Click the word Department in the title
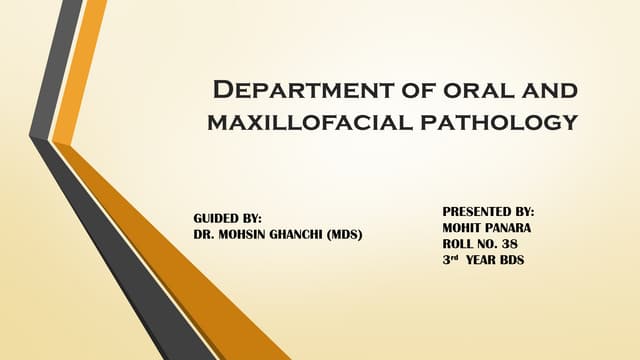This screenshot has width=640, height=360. tap(293, 91)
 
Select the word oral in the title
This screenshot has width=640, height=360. tap(466, 91)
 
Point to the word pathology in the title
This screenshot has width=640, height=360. tap(508, 123)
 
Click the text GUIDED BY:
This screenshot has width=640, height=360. tap(226, 218)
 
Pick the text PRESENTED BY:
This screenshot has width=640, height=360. tap(487, 213)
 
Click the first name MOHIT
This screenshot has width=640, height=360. tap(462, 229)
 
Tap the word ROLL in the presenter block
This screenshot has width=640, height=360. tap(460, 245)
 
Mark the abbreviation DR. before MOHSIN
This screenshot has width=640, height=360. tap(203, 234)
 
